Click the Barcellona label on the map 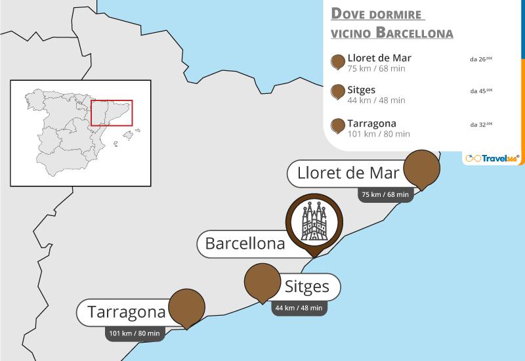point(245,244)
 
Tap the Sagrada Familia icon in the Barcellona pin point(313,221)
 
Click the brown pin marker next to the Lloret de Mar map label point(421,168)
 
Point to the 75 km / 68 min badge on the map point(385,194)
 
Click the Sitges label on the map point(307,287)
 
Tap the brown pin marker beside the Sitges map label point(263,282)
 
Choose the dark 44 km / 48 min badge point(299,308)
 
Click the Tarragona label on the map point(125,312)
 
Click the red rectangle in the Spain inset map point(112,112)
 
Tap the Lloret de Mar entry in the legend point(379,58)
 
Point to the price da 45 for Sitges point(481,91)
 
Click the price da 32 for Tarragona point(481,123)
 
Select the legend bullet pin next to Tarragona point(339,126)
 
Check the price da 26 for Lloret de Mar point(481,58)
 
